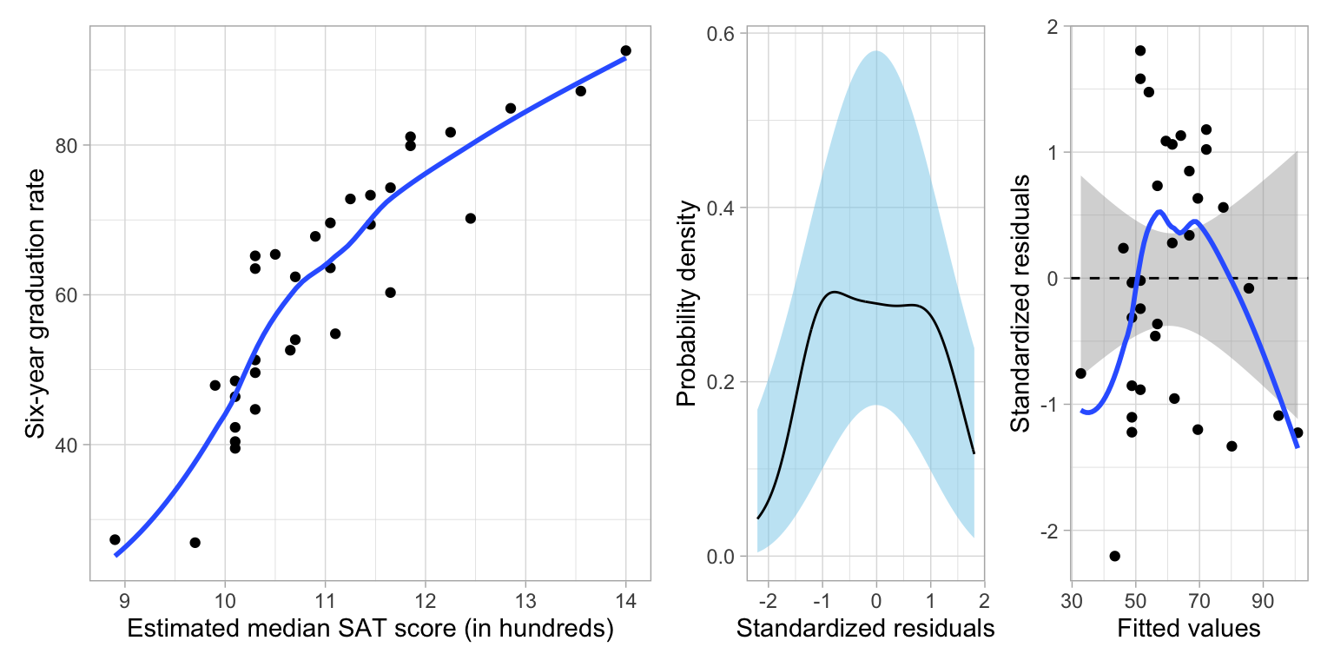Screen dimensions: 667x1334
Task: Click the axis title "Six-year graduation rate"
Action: pyautogui.click(x=34, y=303)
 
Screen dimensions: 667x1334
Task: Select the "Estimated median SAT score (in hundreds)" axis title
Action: pyautogui.click(x=370, y=630)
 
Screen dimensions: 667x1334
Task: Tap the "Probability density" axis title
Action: pyautogui.click(x=687, y=303)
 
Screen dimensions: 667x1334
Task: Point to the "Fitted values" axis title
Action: pyautogui.click(x=1189, y=628)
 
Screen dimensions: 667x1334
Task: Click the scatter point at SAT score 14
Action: pyautogui.click(x=625, y=50)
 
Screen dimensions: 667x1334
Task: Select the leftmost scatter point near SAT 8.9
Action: pyautogui.click(x=115, y=539)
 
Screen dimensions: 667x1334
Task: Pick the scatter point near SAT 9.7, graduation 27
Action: pyautogui.click(x=195, y=543)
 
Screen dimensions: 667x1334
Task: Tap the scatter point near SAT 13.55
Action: pyautogui.click(x=580, y=91)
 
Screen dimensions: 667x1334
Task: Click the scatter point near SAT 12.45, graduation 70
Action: pyautogui.click(x=470, y=218)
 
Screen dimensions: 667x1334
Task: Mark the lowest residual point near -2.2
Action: pyautogui.click(x=1114, y=556)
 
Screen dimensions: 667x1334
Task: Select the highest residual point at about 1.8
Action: pyautogui.click(x=1140, y=50)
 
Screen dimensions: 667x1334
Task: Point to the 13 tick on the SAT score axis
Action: pyautogui.click(x=525, y=599)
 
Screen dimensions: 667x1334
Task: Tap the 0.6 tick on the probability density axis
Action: pyautogui.click(x=723, y=34)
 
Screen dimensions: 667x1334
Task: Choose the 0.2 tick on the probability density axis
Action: pyautogui.click(x=723, y=382)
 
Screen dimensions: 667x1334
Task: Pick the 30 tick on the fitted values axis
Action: pyautogui.click(x=1073, y=599)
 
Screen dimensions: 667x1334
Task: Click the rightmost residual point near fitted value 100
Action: pyautogui.click(x=1298, y=433)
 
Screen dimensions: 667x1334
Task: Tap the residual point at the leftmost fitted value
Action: pyautogui.click(x=1080, y=373)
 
